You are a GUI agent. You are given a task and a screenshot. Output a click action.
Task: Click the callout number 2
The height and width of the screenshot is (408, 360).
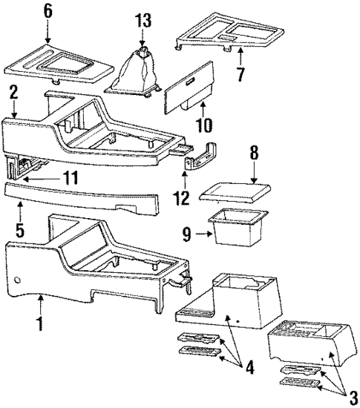13,91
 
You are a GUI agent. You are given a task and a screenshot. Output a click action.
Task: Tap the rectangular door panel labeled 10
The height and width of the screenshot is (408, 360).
190,88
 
